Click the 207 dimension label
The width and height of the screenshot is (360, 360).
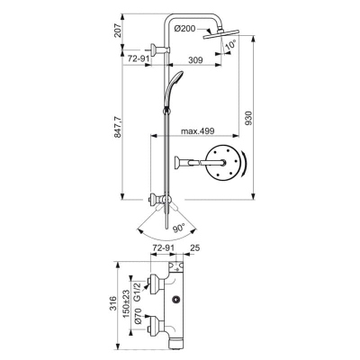point(118,30)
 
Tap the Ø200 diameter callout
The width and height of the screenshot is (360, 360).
point(184,29)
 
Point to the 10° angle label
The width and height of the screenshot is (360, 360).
point(230,44)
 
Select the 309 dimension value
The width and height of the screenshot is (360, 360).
point(195,59)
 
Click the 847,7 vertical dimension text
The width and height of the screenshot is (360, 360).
point(118,126)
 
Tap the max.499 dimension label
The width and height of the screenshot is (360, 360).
point(197,130)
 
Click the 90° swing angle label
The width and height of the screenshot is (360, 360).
point(179,229)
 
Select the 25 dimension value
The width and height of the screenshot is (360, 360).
point(194,247)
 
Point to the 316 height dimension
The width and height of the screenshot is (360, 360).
point(112,303)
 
